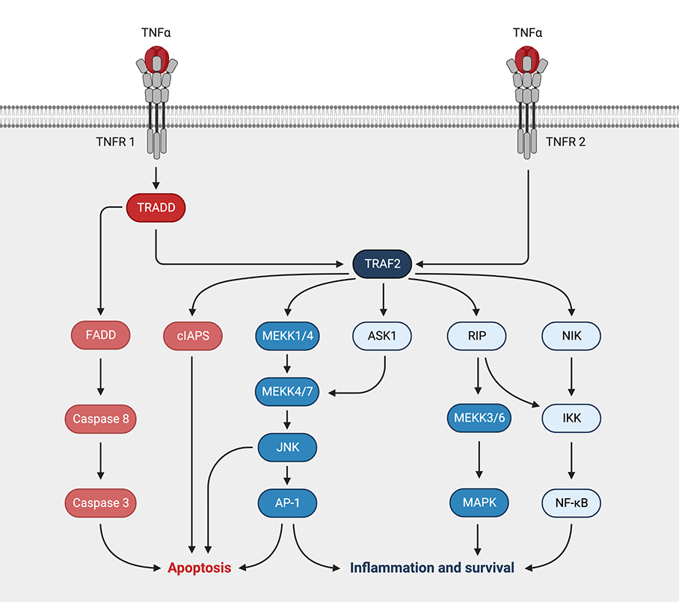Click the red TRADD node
[155, 209]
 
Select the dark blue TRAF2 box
[382, 263]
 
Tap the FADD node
[100, 336]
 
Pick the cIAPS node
[192, 336]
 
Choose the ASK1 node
[383, 336]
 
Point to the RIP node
[477, 336]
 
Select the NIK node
[572, 336]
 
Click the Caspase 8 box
[100, 419]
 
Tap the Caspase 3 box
[100, 503]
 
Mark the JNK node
[288, 447]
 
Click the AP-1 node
[288, 503]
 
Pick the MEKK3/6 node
[479, 419]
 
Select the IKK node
[572, 419]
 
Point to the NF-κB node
[572, 503]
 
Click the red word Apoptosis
[199, 568]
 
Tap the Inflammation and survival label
[432, 568]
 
